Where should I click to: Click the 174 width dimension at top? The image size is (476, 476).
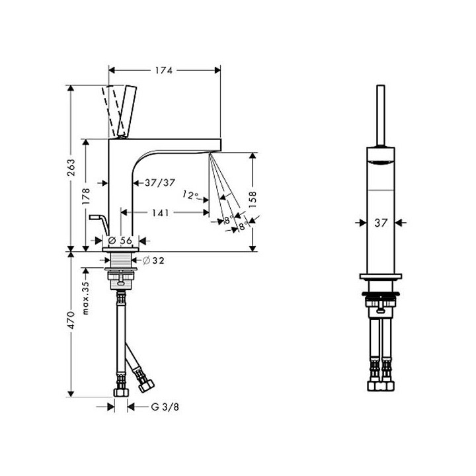point(164,71)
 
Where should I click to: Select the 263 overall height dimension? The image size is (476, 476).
point(71,167)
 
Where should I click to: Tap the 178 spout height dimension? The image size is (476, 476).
point(86,196)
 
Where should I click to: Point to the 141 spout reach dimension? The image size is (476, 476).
point(160,212)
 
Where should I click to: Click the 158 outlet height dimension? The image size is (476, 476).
point(253,199)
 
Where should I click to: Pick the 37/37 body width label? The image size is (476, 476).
point(160,182)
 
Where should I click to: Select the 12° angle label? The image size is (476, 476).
point(190,194)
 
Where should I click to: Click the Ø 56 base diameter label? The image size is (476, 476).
point(120,241)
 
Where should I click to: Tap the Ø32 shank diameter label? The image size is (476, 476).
point(153,260)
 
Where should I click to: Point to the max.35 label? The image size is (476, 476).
point(86,297)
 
